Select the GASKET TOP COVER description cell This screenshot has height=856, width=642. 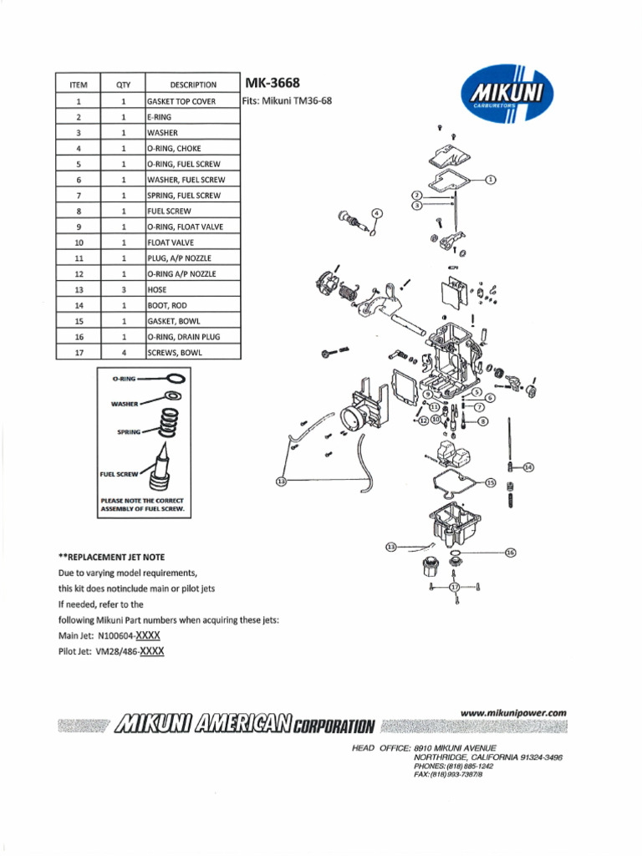192,101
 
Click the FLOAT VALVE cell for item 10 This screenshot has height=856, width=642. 192,242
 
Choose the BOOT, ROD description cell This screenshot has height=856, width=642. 192,305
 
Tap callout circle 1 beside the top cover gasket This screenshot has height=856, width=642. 491,179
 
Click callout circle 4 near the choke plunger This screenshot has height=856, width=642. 377,213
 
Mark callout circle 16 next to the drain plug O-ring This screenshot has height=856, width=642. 512,553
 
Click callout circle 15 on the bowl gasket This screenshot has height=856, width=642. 491,482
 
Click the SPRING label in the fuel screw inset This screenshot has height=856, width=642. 128,432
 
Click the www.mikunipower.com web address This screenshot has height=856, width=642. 513,712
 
